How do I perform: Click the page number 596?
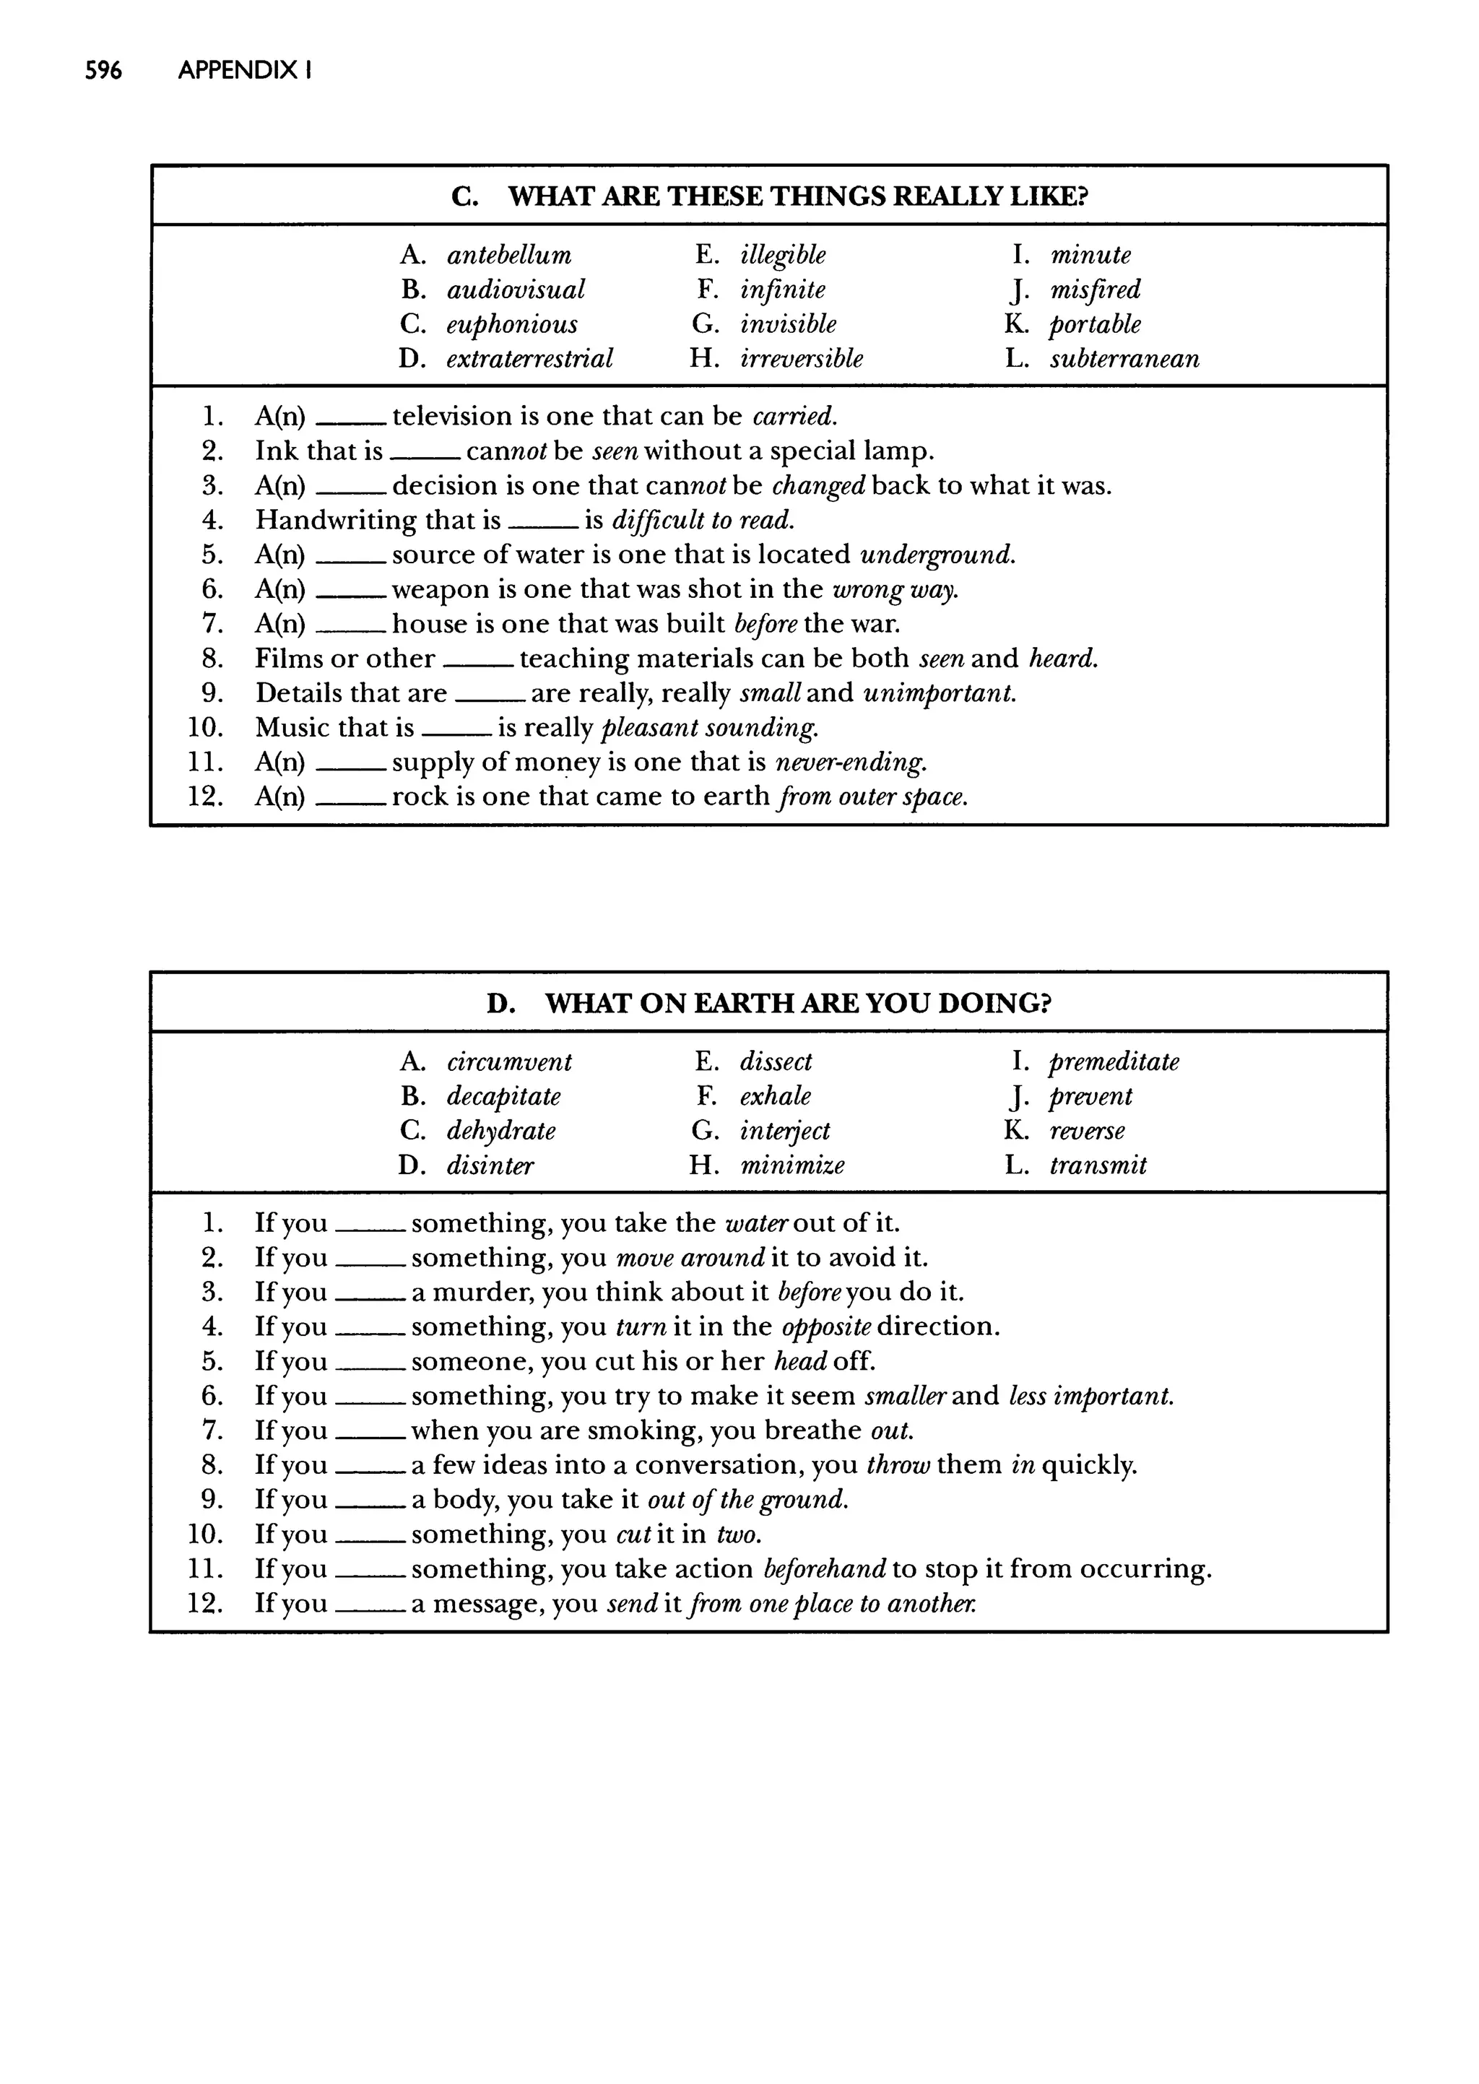pos(103,70)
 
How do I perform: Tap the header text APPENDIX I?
pos(245,70)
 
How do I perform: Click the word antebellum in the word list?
pos(509,255)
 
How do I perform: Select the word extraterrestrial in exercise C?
pos(529,359)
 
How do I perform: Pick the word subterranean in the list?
pos(1124,359)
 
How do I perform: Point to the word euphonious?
pos(512,324)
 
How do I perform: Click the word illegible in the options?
pos(782,255)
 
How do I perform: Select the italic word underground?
pos(937,555)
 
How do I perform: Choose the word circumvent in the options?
pos(509,1062)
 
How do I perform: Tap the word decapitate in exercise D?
pos(503,1097)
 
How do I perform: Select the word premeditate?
pos(1113,1062)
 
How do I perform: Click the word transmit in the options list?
pos(1098,1165)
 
